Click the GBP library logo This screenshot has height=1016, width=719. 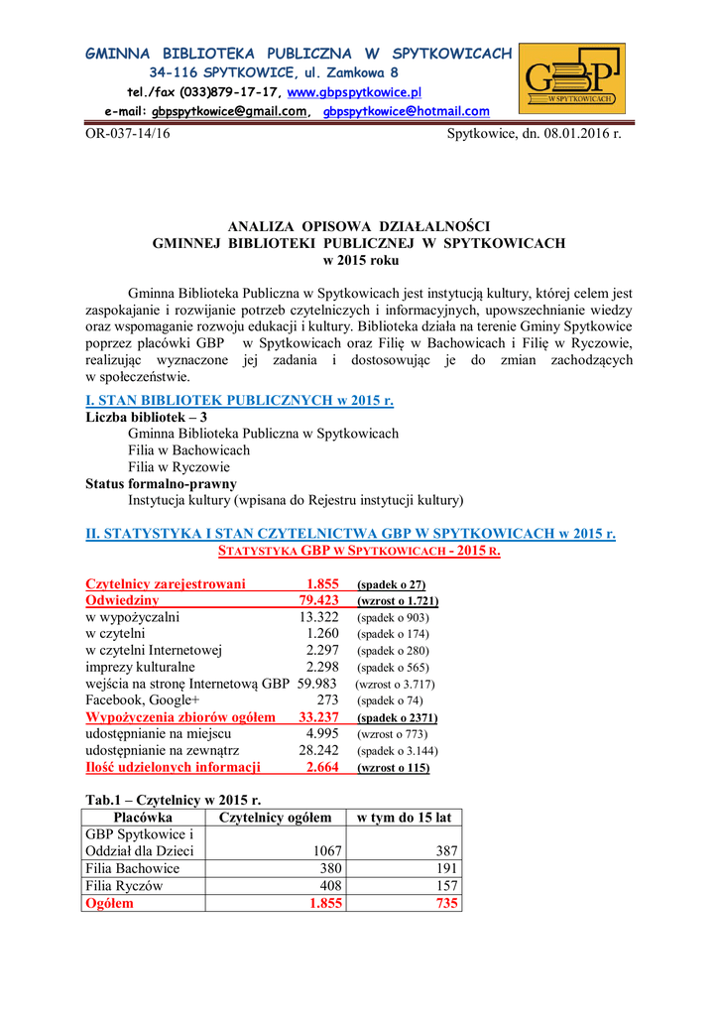(x=572, y=79)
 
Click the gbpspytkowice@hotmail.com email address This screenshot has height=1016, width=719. (x=407, y=112)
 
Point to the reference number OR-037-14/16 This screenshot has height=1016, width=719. (x=127, y=133)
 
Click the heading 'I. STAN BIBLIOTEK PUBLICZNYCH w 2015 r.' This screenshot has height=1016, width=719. (x=239, y=401)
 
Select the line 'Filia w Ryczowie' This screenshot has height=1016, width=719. (x=179, y=466)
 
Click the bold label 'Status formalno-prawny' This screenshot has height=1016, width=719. (x=161, y=483)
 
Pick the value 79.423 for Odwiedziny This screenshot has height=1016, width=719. (x=318, y=600)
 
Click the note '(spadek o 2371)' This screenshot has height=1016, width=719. (x=397, y=717)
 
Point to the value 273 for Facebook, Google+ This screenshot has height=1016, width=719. (x=327, y=700)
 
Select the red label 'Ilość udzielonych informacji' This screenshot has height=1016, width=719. (x=173, y=767)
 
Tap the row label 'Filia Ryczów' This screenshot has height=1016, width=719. (x=124, y=886)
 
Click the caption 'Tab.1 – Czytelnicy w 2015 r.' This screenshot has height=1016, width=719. (x=174, y=799)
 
